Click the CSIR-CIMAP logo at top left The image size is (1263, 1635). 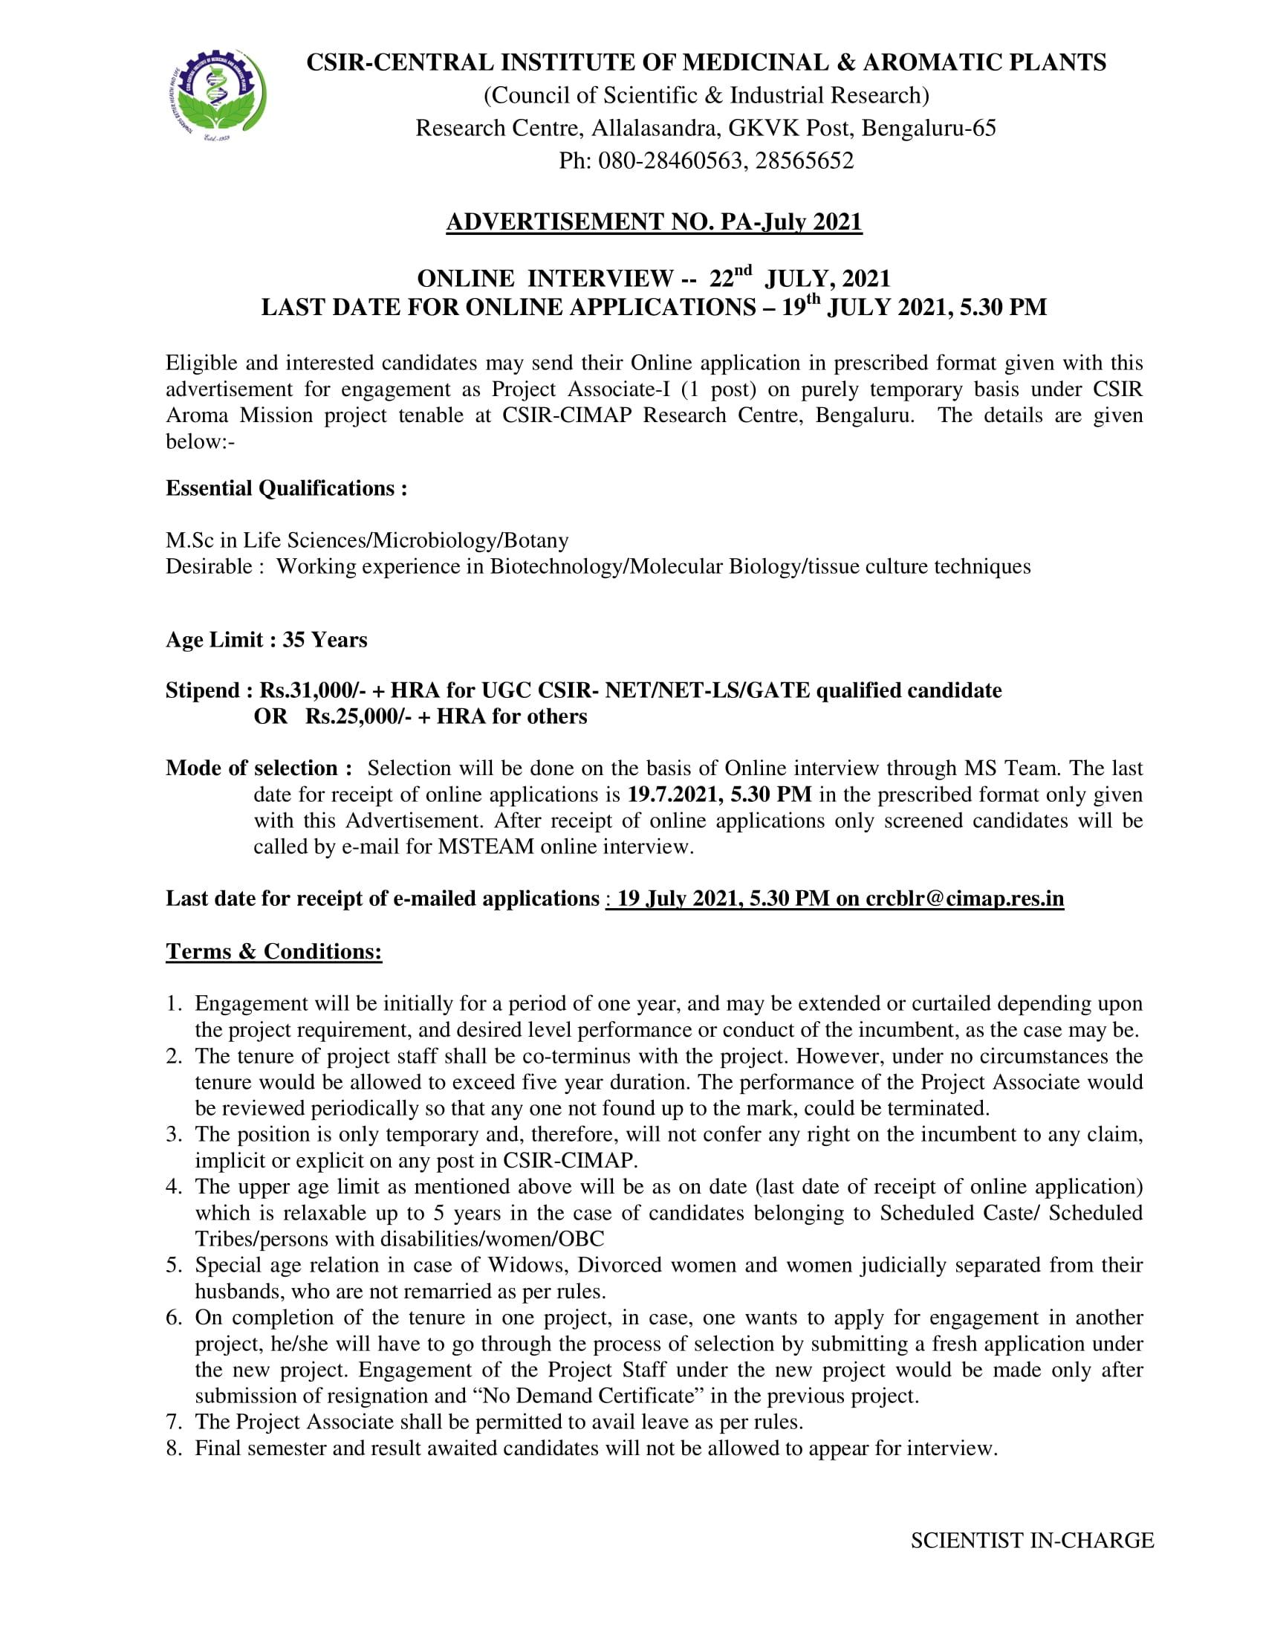coord(215,100)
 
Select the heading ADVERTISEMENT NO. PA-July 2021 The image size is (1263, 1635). coord(654,222)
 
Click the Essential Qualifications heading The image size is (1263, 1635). coord(287,488)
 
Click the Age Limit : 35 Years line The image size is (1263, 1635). coord(267,640)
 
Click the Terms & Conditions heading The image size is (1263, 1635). coord(274,951)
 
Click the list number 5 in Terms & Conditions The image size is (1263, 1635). coord(174,1265)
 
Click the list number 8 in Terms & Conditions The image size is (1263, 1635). coord(174,1448)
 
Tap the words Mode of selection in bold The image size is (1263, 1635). coord(252,768)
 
